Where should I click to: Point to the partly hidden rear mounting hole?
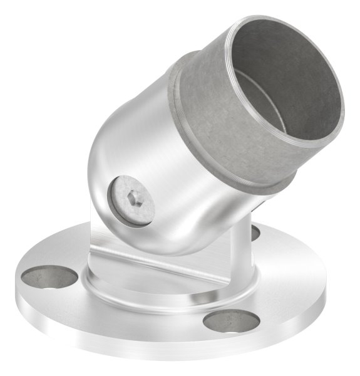[x=255, y=232]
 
